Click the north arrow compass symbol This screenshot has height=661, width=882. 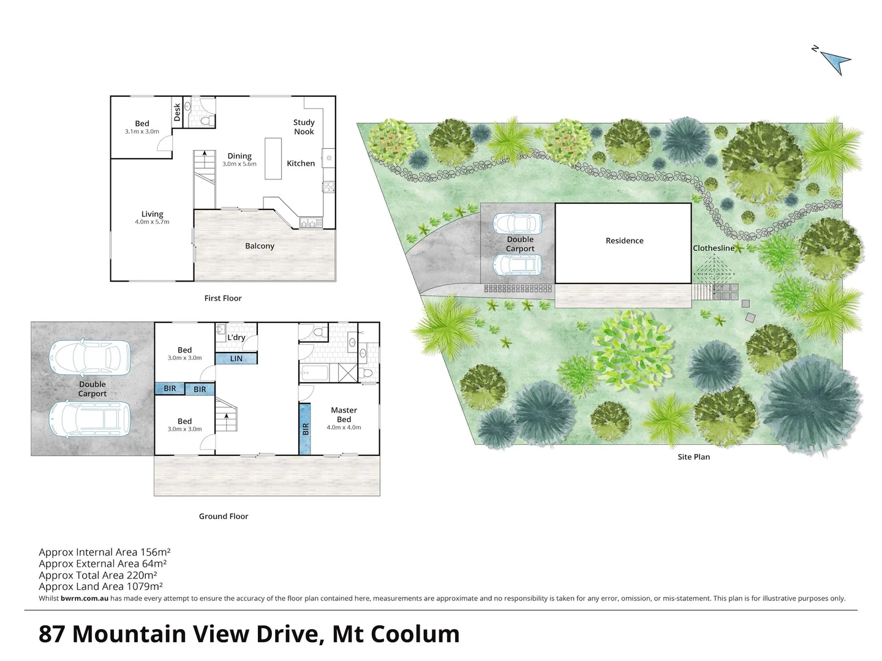coord(834,61)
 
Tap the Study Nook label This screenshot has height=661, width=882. coord(304,127)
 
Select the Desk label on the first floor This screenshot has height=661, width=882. coord(177,111)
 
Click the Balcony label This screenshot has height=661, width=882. coord(260,246)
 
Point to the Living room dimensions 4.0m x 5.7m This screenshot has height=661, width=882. coord(152,222)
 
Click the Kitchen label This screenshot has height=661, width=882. coord(301,163)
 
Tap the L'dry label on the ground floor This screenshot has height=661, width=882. coord(236,337)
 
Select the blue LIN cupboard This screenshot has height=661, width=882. coord(236,359)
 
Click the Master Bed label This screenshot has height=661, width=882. coord(344,414)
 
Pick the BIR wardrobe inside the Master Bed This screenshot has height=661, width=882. coord(305,428)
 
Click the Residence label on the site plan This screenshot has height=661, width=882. coord(624,241)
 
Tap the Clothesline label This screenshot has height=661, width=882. coord(714,248)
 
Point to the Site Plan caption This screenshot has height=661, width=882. coord(693,457)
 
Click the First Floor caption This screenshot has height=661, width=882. coord(223,298)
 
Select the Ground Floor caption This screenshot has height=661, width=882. coord(224,516)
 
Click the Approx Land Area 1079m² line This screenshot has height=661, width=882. coord(100,586)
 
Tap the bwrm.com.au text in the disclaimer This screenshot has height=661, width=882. coord(85,599)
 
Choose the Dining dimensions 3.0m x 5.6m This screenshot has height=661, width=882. coord(239,164)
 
